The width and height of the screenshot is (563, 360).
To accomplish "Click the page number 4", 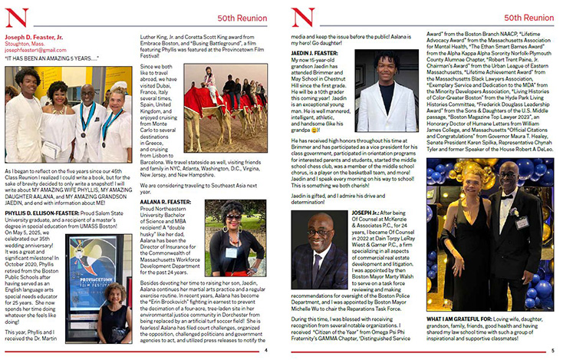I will (x=265, y=350).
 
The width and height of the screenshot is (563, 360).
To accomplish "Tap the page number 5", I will (x=551, y=350).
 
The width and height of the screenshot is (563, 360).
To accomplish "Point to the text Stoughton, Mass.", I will (x=25, y=42).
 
